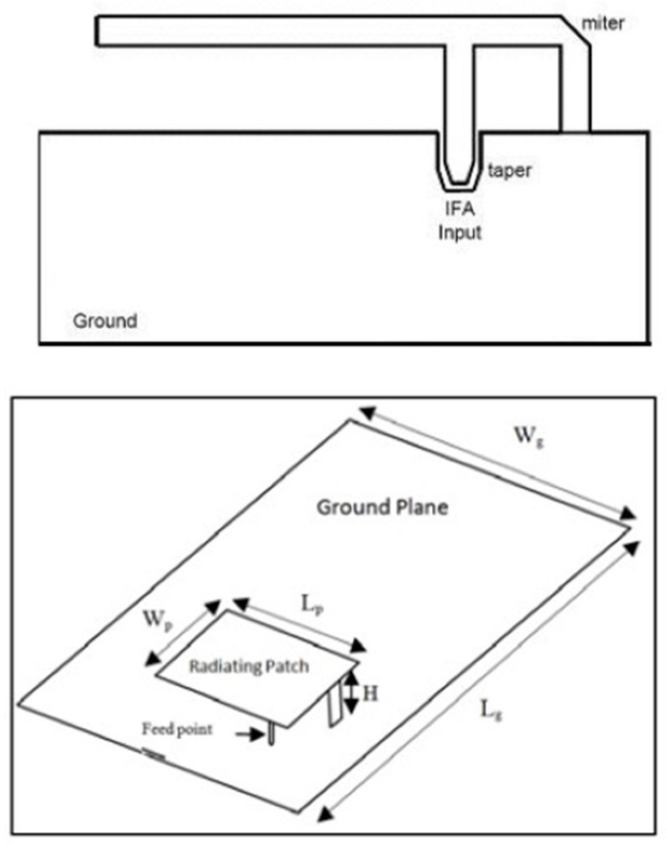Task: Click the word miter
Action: (x=603, y=23)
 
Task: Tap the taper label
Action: (x=509, y=171)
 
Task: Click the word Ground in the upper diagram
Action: (x=105, y=321)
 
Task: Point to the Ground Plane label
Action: (x=382, y=507)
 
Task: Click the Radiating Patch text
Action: (x=249, y=666)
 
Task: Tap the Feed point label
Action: (x=177, y=730)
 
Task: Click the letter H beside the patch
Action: (x=371, y=694)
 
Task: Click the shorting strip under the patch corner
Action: (x=336, y=705)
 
